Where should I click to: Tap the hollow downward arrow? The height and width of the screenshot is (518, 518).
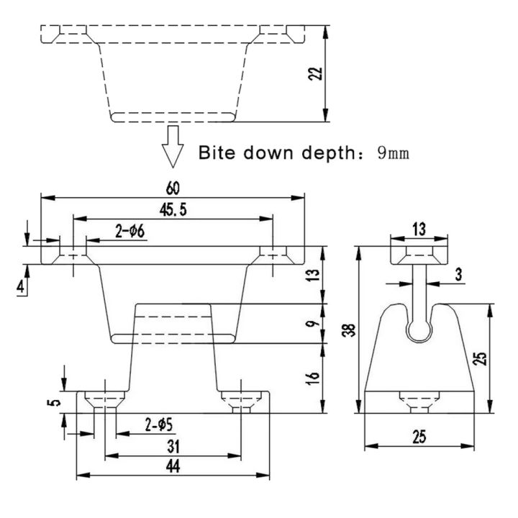172,145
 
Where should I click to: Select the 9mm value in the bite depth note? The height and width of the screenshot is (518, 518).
393,153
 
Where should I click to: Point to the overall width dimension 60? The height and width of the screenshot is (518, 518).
173,188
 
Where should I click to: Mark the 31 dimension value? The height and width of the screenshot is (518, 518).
173,446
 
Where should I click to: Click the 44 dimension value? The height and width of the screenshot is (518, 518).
173,467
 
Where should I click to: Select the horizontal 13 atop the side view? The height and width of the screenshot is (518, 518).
420,229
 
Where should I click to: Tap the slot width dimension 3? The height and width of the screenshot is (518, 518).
459,275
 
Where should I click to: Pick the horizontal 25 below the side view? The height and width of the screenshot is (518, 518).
420,437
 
